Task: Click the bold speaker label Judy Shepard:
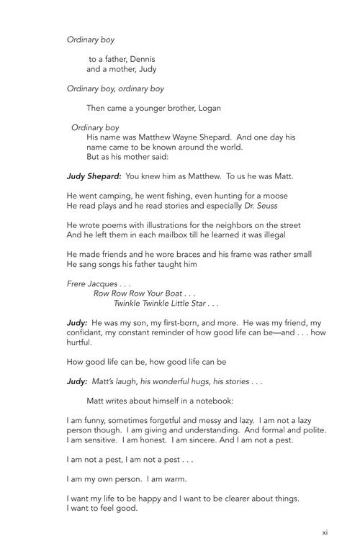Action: (94, 176)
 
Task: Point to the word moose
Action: (274, 196)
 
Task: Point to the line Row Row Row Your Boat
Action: (139, 294)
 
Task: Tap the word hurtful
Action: (80, 343)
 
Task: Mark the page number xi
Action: (325, 532)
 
